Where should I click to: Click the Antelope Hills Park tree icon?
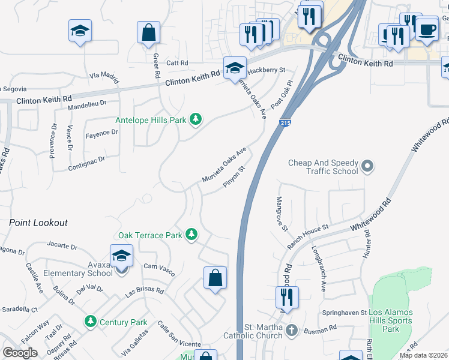195,120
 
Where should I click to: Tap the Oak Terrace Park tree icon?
191,235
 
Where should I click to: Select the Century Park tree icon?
91,322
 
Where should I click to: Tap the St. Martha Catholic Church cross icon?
291,330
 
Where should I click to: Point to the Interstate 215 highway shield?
286,122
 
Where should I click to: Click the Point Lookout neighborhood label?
38,223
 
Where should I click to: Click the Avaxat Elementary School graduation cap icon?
121,256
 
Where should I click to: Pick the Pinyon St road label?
235,177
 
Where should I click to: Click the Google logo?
20,353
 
